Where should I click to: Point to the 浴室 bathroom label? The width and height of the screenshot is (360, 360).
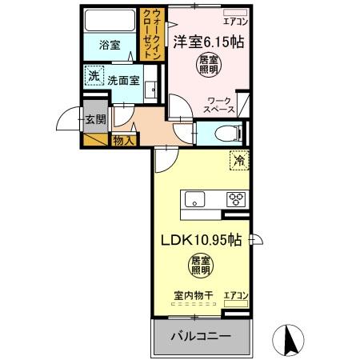110,46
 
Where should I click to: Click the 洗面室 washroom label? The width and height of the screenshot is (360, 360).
124,80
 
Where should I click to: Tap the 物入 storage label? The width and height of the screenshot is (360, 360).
123,140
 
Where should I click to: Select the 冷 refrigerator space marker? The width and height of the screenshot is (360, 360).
239,160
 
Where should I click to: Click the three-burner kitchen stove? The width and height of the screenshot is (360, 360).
237,200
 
